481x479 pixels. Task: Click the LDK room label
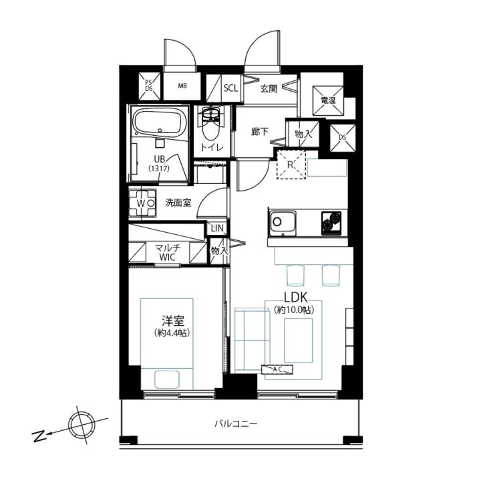[296, 298]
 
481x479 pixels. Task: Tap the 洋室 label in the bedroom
[173, 320]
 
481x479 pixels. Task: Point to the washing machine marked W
[142, 203]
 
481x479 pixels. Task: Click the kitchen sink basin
[282, 223]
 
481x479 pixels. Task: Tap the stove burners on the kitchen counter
[331, 223]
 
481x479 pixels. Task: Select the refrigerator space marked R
[291, 165]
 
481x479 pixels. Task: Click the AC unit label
[277, 370]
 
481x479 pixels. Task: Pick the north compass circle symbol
[82, 425]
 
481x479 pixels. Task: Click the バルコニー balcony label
[236, 424]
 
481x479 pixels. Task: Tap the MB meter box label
[182, 86]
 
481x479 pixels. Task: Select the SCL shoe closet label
[230, 88]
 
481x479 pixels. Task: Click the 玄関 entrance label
[269, 89]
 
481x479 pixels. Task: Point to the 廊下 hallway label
[259, 132]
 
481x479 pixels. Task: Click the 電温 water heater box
[328, 100]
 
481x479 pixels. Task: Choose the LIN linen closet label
[218, 228]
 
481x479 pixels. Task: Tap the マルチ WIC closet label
[167, 252]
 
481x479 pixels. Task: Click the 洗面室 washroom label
[178, 203]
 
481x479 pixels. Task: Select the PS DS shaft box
[150, 86]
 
